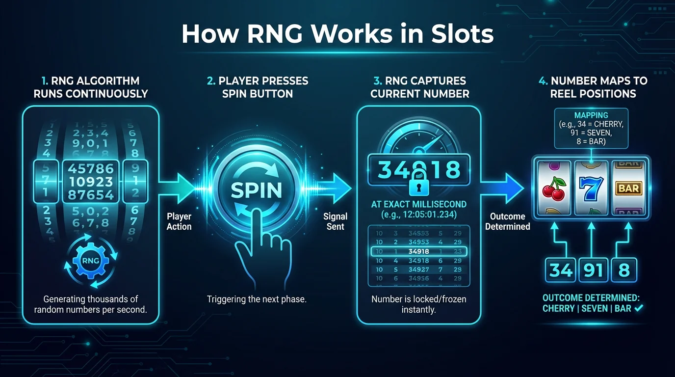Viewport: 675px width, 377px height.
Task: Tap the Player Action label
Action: [179, 221]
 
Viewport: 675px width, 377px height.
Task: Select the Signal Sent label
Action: [336, 221]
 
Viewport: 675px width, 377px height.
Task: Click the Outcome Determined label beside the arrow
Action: [508, 221]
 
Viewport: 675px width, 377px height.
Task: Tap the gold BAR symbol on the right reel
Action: [628, 188]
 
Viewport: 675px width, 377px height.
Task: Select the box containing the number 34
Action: [561, 270]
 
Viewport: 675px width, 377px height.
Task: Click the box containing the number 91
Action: [593, 270]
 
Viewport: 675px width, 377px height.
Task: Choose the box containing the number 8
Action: [623, 270]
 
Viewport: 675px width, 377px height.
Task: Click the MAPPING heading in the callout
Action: [591, 115]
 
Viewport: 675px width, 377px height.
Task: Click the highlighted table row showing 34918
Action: [418, 251]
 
